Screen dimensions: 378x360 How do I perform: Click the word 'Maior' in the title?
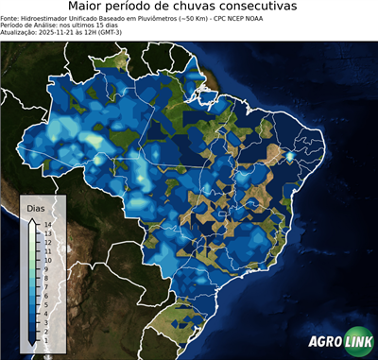pyautogui.click(x=88, y=7)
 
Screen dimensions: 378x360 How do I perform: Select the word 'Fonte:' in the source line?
pyautogui.click(x=11, y=17)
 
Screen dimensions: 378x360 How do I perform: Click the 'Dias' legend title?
pyautogui.click(x=35, y=207)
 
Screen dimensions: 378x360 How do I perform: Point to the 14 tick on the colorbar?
pyautogui.click(x=46, y=225)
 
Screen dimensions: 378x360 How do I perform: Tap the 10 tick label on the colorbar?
pyautogui.click(x=46, y=260)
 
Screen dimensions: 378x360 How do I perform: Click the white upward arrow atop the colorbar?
pyautogui.click(x=33, y=222)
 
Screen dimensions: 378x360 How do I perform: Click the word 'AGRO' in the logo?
pyautogui.click(x=325, y=343)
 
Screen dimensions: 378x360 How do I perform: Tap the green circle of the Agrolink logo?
pyautogui.click(x=361, y=343)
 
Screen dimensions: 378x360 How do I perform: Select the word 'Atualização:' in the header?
pyautogui.click(x=20, y=31)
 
